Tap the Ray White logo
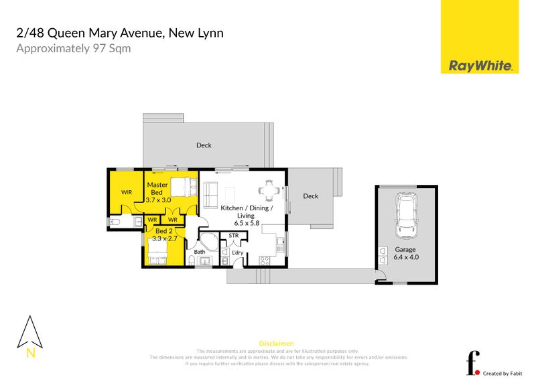click(480, 66)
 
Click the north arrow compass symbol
click(30, 333)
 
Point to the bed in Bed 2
click(157, 252)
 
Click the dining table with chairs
click(269, 190)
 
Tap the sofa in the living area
click(210, 195)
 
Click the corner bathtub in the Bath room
click(208, 242)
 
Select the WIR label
click(127, 192)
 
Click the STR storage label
click(233, 236)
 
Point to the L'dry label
click(237, 252)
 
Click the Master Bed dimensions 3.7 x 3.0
click(159, 200)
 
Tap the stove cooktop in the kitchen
click(264, 260)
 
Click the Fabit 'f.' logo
click(473, 362)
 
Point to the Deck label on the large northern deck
click(204, 145)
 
